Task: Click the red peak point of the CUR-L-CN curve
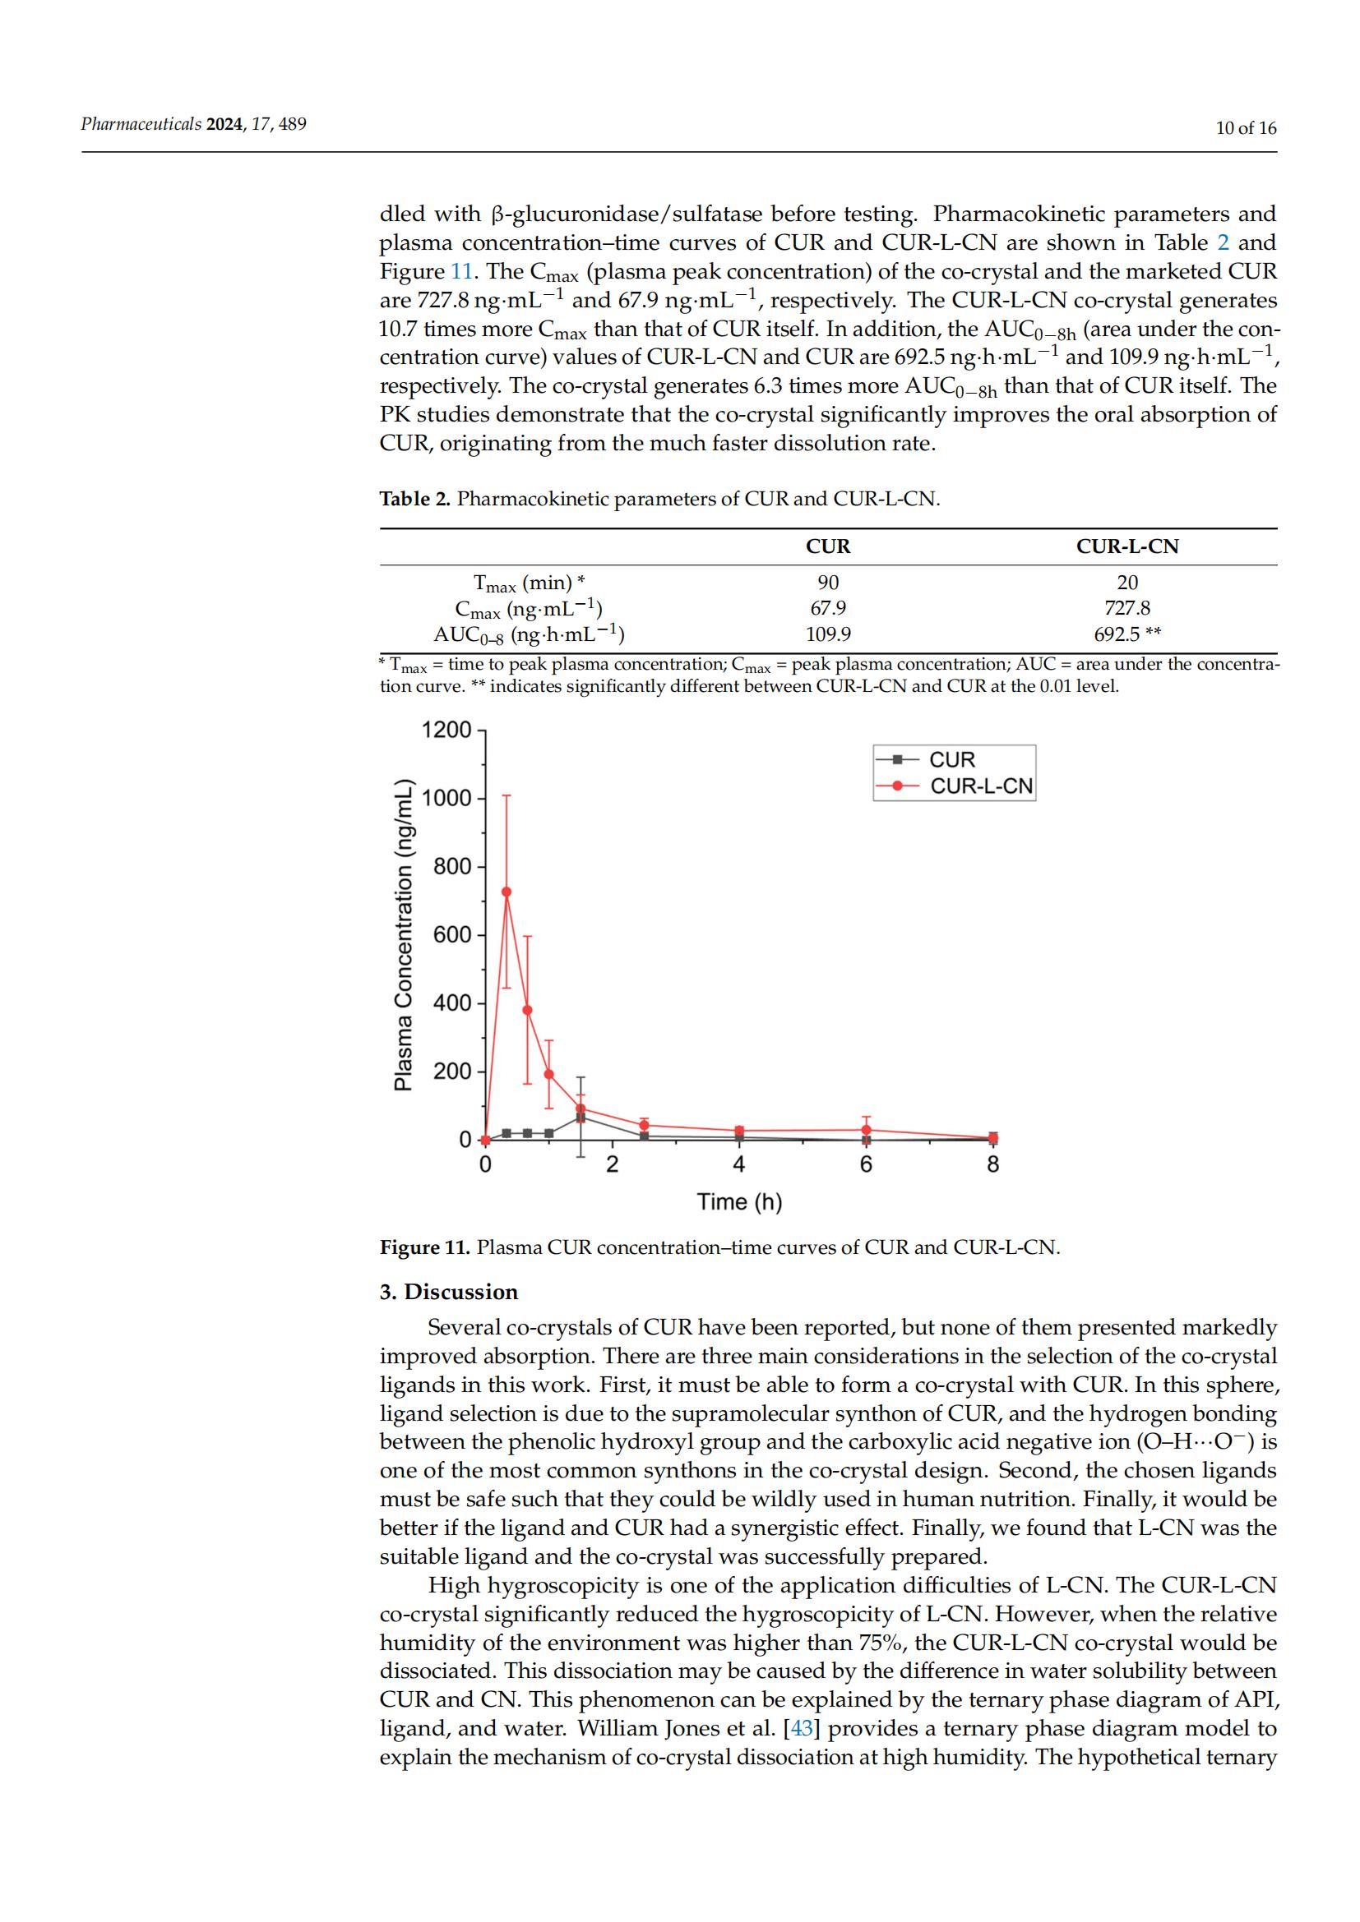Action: click(x=506, y=892)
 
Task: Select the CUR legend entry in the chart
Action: click(x=951, y=759)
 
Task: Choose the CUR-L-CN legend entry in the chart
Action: click(x=981, y=786)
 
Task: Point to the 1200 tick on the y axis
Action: click(x=446, y=730)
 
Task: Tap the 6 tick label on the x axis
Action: click(x=866, y=1164)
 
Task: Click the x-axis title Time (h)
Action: click(x=739, y=1202)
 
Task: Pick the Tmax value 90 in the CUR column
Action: click(x=827, y=583)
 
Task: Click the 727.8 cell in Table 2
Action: click(x=1127, y=608)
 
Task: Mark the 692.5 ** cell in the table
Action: click(x=1127, y=634)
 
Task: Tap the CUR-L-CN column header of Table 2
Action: click(x=1127, y=546)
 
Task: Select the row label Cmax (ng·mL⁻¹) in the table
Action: click(x=529, y=609)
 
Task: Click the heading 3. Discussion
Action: click(x=449, y=1292)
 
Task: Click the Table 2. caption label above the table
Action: click(x=415, y=500)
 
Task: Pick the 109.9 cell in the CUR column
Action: click(x=827, y=634)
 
